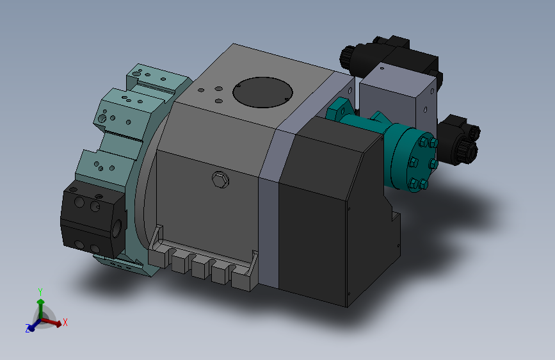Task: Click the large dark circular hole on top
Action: click(262, 92)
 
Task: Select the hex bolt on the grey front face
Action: click(220, 179)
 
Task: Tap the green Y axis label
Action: click(40, 292)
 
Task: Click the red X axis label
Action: click(65, 322)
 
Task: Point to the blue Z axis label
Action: click(28, 328)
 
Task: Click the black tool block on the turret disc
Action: click(93, 218)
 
